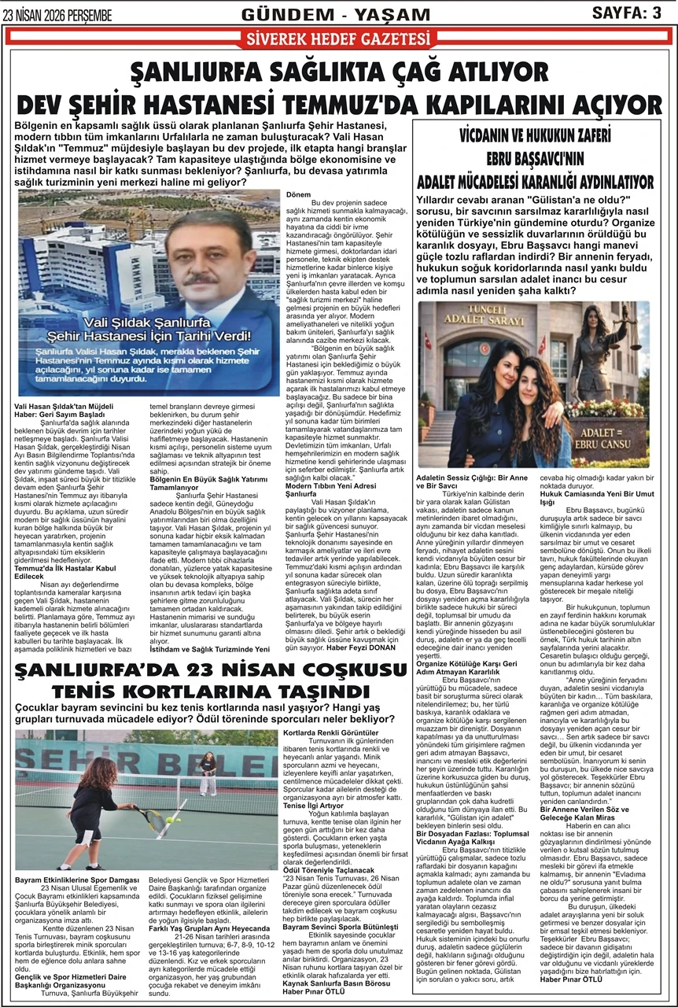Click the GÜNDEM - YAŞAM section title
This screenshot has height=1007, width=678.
click(x=337, y=13)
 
